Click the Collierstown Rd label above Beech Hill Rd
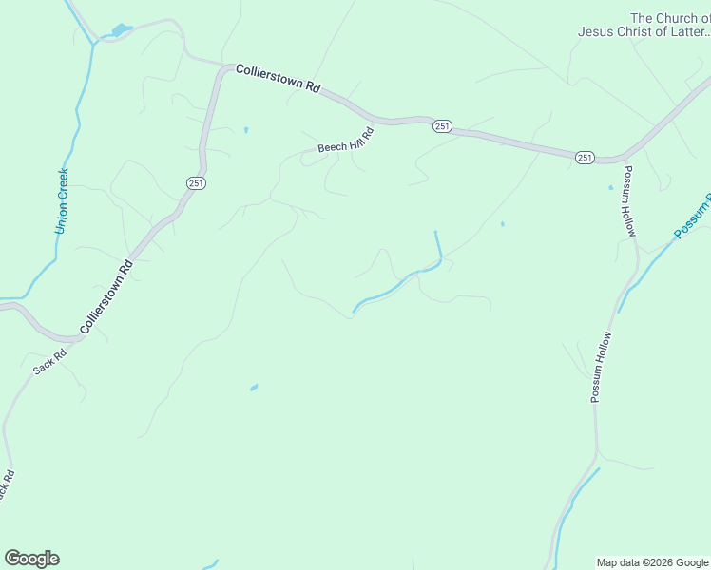[x=277, y=77]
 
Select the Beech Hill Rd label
[x=346, y=141]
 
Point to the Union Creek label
[x=62, y=201]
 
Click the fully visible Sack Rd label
[x=50, y=361]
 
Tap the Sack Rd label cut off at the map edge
[x=5, y=485]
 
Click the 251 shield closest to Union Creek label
[x=195, y=183]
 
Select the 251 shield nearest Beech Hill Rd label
[x=441, y=126]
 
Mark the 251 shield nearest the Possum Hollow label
[x=584, y=157]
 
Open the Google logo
[x=31, y=558]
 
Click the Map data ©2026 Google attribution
[x=653, y=562]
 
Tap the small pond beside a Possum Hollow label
[x=610, y=187]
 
